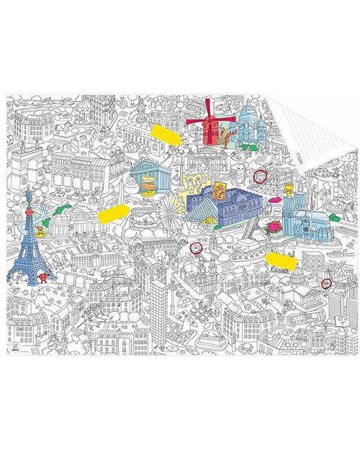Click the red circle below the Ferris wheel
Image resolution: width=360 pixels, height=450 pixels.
(x=193, y=248)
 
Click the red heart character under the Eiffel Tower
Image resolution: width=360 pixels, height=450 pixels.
(x=41, y=279)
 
